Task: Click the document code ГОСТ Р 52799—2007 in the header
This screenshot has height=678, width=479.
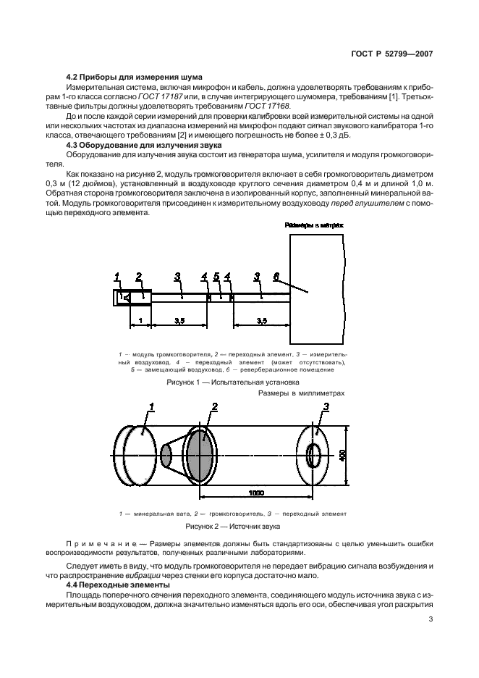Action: click(x=391, y=54)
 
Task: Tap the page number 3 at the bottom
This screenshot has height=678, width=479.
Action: click(x=431, y=619)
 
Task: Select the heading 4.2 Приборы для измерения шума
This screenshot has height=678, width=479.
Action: click(x=134, y=78)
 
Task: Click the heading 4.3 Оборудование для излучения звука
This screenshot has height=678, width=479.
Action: click(x=143, y=146)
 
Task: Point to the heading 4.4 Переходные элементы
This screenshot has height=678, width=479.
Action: click(x=117, y=585)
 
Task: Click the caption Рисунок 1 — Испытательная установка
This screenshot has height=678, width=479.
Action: click(x=233, y=382)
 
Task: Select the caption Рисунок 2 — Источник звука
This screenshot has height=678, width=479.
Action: click(x=233, y=527)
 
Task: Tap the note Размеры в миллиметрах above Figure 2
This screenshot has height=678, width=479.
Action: click(x=302, y=393)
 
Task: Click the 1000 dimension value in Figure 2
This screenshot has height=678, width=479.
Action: click(x=256, y=493)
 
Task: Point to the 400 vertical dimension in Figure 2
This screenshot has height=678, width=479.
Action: click(x=342, y=456)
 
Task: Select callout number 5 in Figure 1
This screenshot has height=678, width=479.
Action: click(x=217, y=276)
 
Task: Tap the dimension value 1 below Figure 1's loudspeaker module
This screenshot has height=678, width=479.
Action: click(x=140, y=320)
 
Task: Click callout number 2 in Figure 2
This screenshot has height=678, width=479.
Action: click(x=215, y=406)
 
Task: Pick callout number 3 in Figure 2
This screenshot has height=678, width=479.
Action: click(x=326, y=406)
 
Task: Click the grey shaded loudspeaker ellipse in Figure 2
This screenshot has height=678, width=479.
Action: click(x=202, y=456)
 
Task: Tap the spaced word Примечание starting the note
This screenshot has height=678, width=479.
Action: click(x=101, y=543)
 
